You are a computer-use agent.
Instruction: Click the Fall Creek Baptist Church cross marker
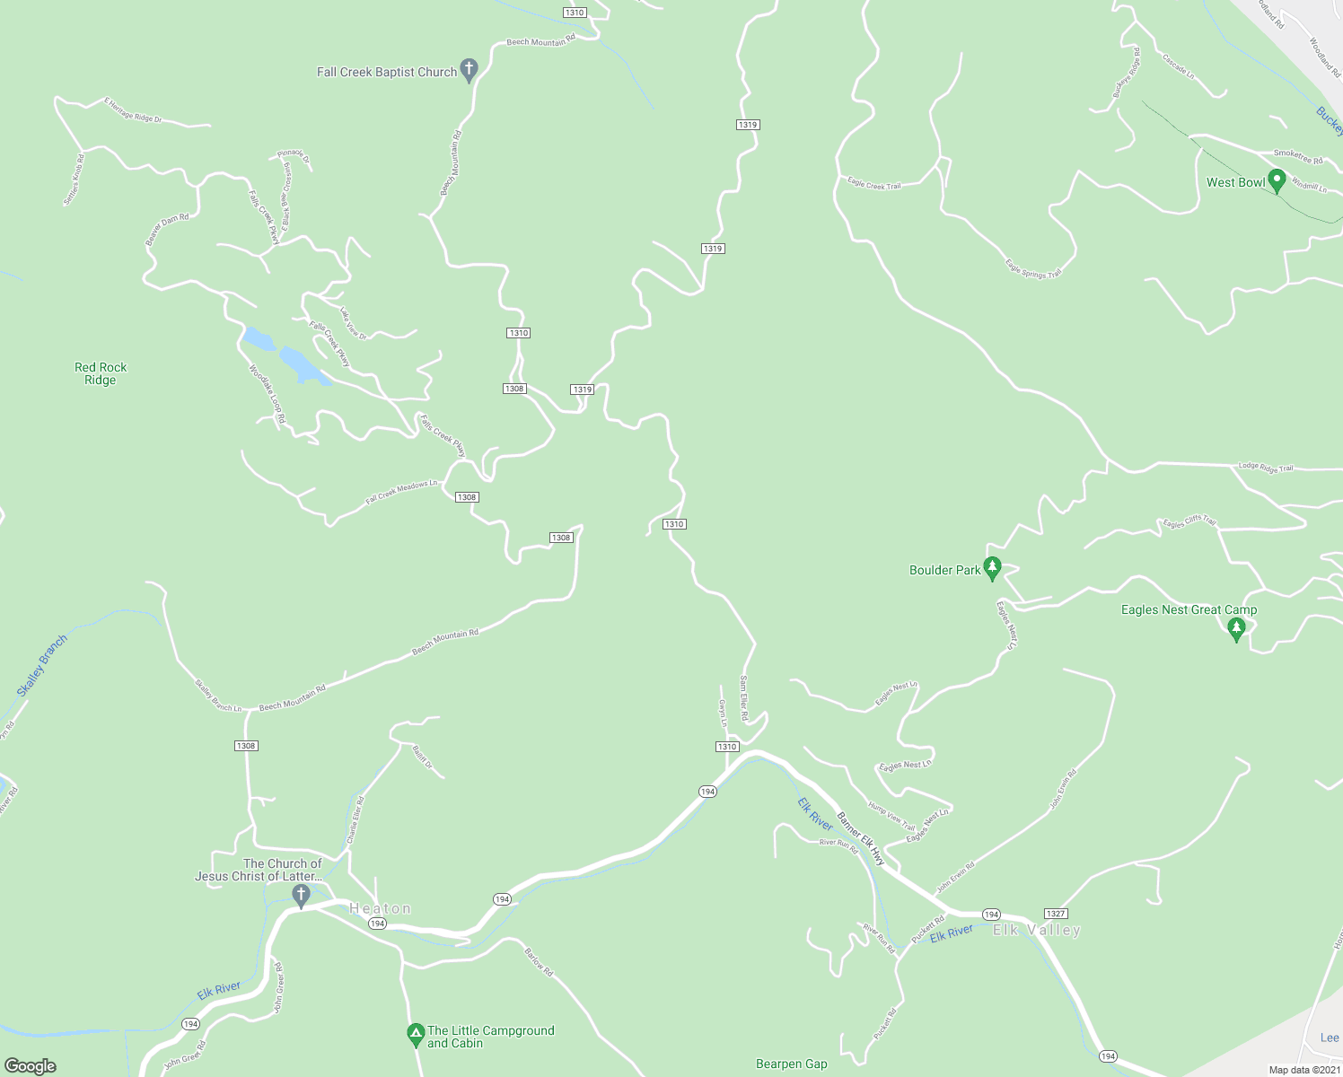[468, 69]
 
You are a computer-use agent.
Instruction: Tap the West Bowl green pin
[1276, 179]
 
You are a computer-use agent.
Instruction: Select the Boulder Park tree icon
[992, 568]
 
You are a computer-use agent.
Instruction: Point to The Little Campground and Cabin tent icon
[416, 1035]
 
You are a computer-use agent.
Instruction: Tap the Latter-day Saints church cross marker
[302, 894]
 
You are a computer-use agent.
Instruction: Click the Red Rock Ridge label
[101, 373]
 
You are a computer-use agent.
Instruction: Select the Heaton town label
[381, 908]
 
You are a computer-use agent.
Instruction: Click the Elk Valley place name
[1037, 930]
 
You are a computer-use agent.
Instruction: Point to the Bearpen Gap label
[791, 1064]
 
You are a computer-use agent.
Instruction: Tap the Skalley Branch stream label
[41, 666]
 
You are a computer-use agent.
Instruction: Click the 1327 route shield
[1056, 914]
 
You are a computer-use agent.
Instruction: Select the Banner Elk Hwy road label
[861, 839]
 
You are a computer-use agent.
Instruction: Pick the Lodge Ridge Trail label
[1266, 467]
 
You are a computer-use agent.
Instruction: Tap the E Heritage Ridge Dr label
[133, 110]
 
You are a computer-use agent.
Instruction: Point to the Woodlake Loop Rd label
[267, 393]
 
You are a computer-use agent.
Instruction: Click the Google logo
[30, 1065]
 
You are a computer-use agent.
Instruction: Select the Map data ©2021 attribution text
[1303, 1070]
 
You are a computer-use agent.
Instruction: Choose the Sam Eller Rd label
[743, 698]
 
